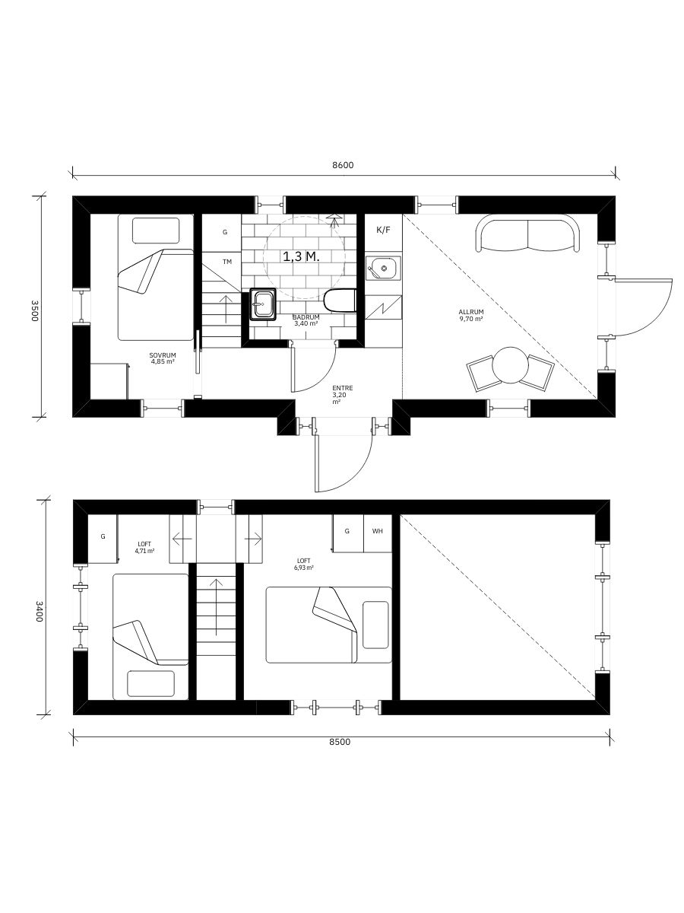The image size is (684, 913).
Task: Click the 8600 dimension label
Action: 344,165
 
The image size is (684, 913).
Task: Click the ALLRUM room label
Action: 471,315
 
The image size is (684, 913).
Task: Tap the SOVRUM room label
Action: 163,358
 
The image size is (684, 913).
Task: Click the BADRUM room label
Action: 306,320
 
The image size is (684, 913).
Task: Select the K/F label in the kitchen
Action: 384,229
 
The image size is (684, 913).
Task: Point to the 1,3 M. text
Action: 301,257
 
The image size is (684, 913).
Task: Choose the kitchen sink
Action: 382,268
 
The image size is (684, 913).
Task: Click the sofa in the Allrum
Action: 528,234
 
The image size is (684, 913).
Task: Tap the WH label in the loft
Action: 377,531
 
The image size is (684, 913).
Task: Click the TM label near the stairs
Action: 227,262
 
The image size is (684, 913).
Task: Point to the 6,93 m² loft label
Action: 304,564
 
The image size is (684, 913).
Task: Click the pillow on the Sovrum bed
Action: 156,231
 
